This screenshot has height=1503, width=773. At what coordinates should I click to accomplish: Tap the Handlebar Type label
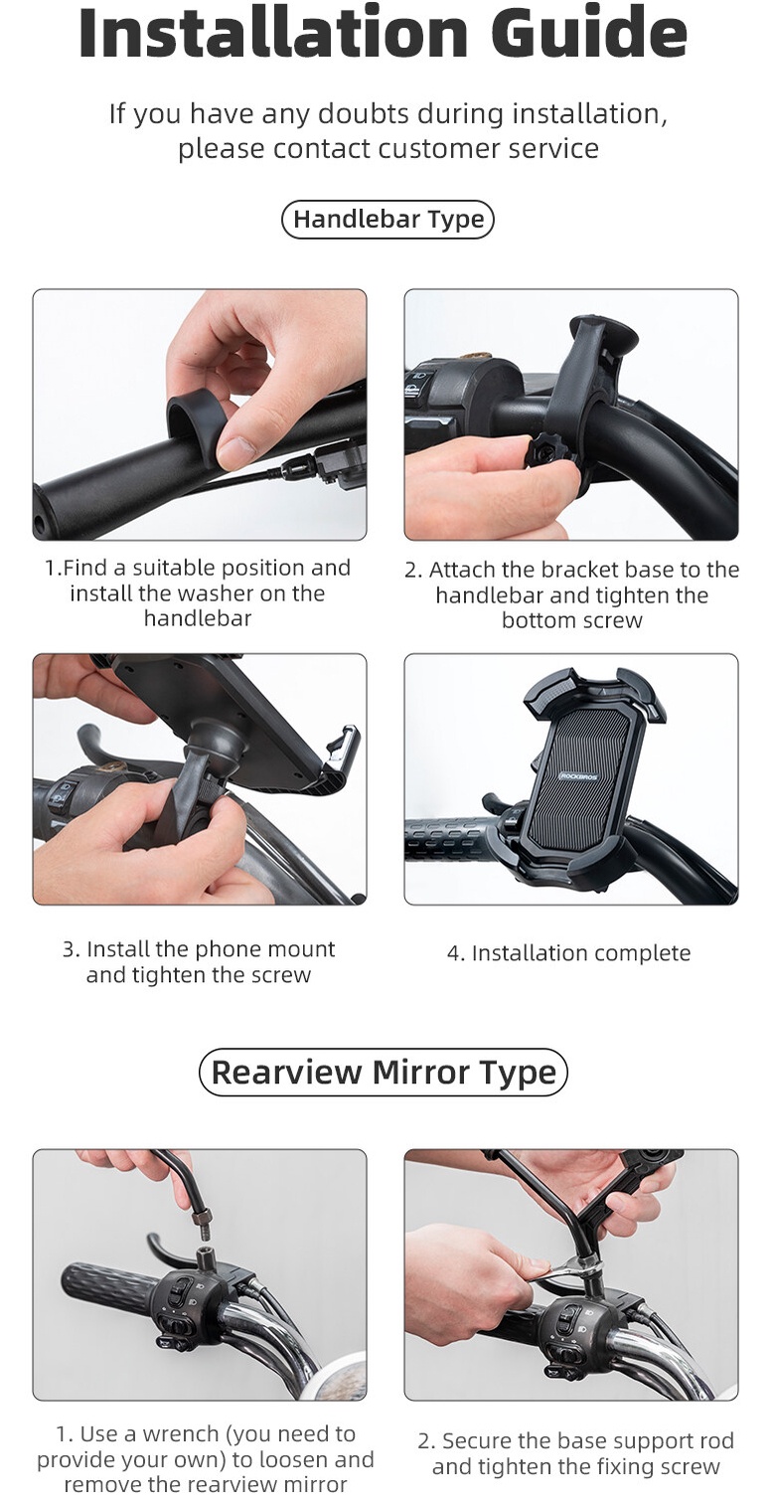[x=387, y=220]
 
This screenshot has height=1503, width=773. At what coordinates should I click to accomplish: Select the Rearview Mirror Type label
[x=384, y=1072]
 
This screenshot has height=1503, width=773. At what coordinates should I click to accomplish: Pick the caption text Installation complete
[x=580, y=952]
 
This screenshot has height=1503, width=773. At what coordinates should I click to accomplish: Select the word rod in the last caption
[x=719, y=1440]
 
